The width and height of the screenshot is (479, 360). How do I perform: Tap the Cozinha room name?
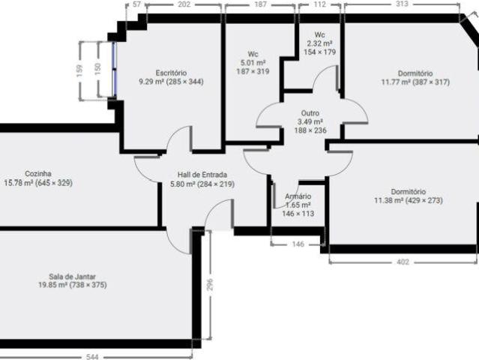(37, 173)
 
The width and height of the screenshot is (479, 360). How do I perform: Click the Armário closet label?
(298, 196)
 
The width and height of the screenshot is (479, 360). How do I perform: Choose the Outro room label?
(309, 113)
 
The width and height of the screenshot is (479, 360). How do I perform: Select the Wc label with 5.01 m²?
(253, 54)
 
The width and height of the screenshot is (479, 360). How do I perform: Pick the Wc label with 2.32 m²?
(319, 35)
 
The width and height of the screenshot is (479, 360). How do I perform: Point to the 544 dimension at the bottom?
(91, 356)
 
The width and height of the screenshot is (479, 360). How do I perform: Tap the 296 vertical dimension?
(211, 285)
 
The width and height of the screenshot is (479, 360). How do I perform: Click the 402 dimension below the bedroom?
(403, 262)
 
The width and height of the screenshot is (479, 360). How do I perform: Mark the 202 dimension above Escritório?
(184, 4)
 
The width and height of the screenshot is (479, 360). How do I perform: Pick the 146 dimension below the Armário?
(298, 244)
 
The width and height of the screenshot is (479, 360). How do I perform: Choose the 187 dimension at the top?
(260, 4)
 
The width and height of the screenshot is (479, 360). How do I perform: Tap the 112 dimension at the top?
(319, 4)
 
